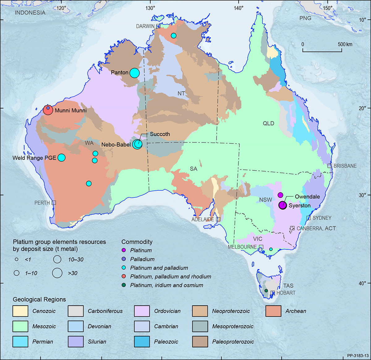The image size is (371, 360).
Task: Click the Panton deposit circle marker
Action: click(134, 73)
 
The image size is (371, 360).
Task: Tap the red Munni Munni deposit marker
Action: click(48, 110)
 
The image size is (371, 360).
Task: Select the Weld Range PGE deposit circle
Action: click(62, 158)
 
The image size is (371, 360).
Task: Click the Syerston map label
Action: click(299, 205)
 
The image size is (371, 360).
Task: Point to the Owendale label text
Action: click(307, 197)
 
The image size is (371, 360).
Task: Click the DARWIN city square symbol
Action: click(158, 26)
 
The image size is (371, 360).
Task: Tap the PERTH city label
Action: click(42, 203)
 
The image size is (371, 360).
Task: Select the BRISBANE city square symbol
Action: click(330, 166)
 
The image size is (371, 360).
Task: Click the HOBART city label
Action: click(286, 293)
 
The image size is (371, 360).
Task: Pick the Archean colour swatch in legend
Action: click(273, 311)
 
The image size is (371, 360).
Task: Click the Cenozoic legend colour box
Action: click(20, 311)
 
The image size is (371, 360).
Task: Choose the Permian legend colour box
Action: click(20, 342)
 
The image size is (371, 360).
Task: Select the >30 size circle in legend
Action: click(57, 273)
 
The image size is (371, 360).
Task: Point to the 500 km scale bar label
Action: click(345, 44)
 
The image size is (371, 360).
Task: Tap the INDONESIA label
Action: click(30, 13)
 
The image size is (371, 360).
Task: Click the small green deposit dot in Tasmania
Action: click(266, 291)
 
